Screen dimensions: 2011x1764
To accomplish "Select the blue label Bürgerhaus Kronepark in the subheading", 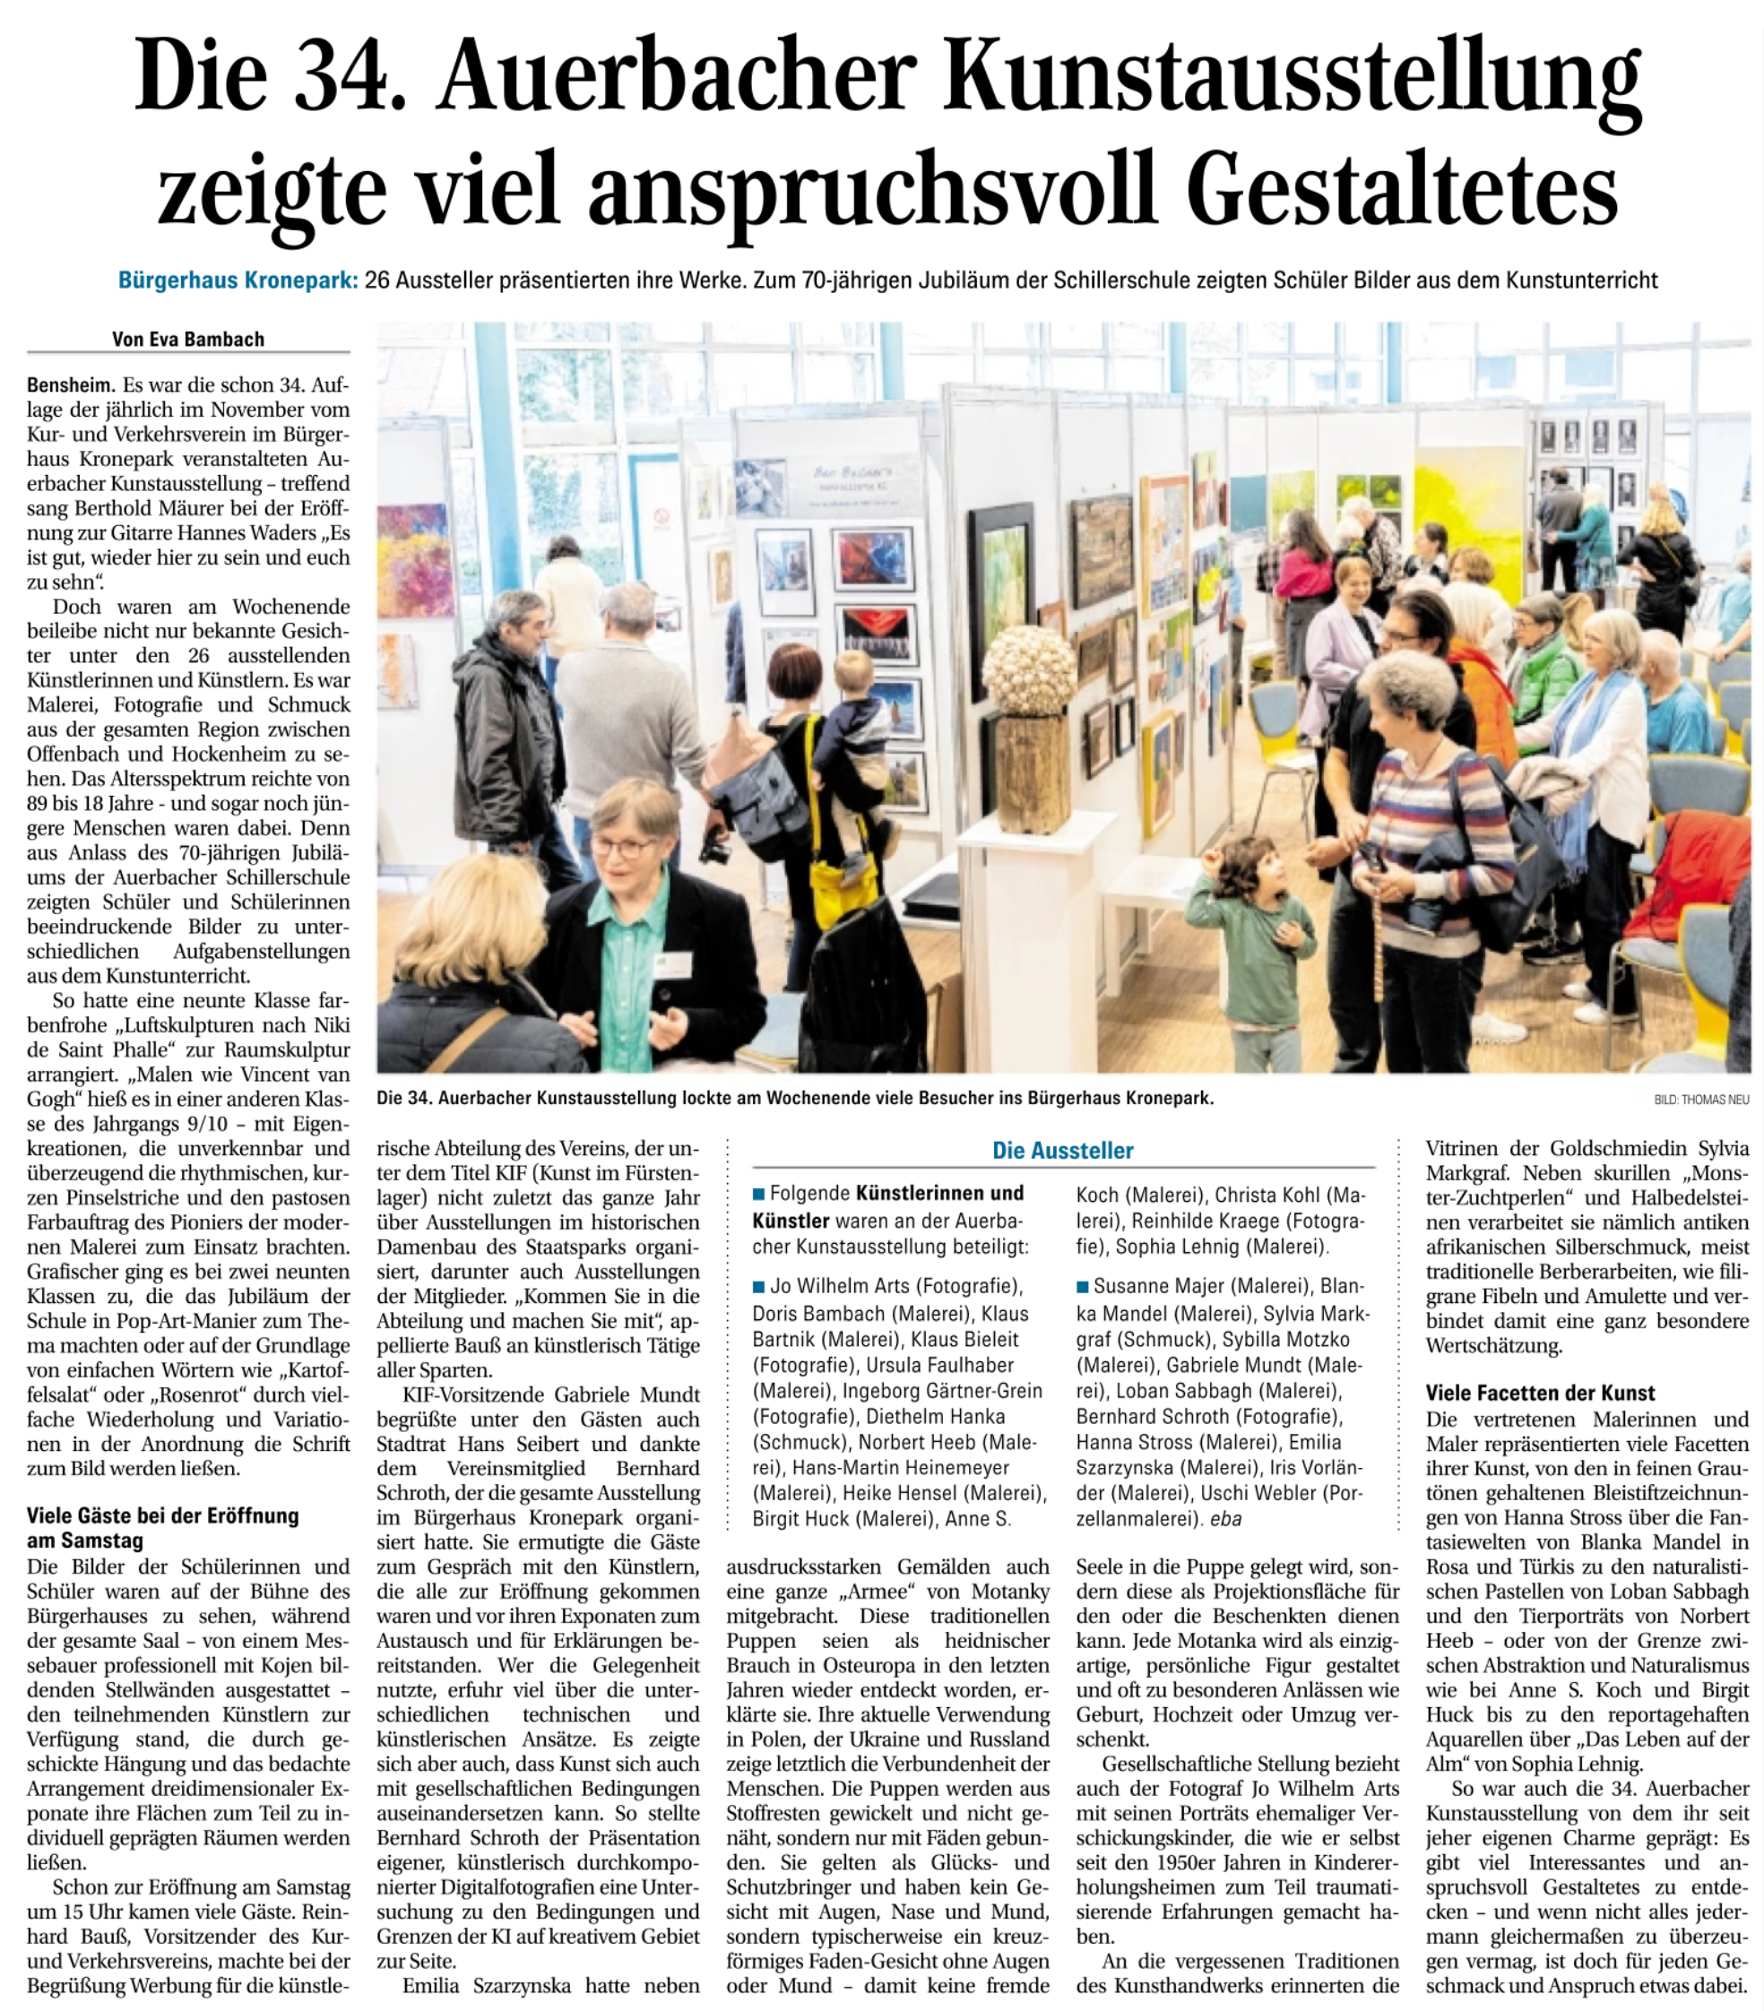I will (238, 281).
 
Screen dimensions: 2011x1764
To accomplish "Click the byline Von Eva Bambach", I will (188, 340).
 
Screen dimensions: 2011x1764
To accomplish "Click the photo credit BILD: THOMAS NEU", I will (1701, 1100).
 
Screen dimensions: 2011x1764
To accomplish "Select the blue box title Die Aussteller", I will (1062, 1150).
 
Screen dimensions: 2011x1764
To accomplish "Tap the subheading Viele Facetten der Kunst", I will (1540, 1394).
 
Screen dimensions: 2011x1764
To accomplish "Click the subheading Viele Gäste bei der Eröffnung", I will (162, 1515).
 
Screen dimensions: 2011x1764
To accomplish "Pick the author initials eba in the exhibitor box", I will (1226, 1518).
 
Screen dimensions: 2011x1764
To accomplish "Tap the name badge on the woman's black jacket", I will (672, 964).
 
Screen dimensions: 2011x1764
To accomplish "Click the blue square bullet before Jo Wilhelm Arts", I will (758, 1286).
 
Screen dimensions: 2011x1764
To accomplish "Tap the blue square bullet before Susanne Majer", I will (1082, 1286).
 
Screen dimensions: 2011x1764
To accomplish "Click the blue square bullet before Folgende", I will (758, 1195).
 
